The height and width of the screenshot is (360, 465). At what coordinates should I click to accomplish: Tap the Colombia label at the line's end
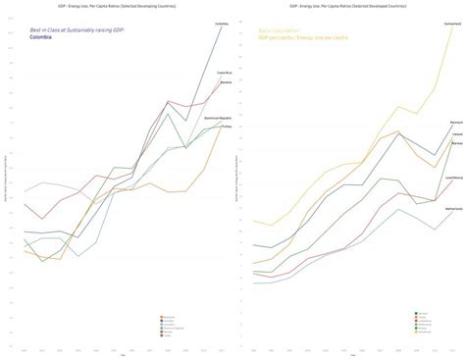coord(222,23)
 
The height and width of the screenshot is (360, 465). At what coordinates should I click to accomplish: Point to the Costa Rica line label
coord(224,72)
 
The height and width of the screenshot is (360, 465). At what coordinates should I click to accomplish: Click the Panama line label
coord(225,82)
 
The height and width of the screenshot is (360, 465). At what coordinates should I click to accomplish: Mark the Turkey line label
coord(226,126)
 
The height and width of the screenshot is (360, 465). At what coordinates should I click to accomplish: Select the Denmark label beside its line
coord(456,124)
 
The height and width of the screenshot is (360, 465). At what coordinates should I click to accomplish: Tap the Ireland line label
coord(456,135)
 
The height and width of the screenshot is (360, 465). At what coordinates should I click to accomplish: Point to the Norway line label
coord(456,143)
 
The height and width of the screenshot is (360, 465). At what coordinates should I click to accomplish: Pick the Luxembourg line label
coord(454,178)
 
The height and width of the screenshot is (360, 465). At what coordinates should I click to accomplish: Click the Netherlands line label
coord(453,209)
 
